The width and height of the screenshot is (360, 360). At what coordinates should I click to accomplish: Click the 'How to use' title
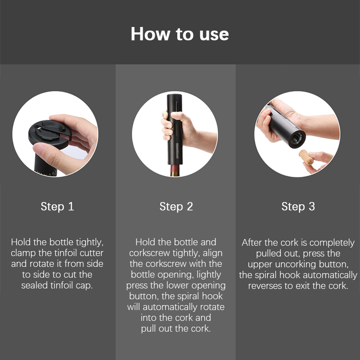point(180,34)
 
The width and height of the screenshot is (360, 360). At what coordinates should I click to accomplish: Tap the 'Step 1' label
point(57,207)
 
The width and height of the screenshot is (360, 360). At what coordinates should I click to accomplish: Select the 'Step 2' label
point(176,207)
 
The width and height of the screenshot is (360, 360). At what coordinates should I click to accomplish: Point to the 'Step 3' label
point(298,207)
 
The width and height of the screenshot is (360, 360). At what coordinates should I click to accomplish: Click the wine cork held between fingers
point(306,157)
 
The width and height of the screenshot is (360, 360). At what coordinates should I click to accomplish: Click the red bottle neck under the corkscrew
point(175,170)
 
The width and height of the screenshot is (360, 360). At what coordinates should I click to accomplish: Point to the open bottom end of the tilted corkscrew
point(297,139)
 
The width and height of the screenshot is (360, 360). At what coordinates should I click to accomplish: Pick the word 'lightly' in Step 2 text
point(209,275)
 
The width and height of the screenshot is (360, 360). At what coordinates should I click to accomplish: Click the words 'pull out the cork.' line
point(176,328)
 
